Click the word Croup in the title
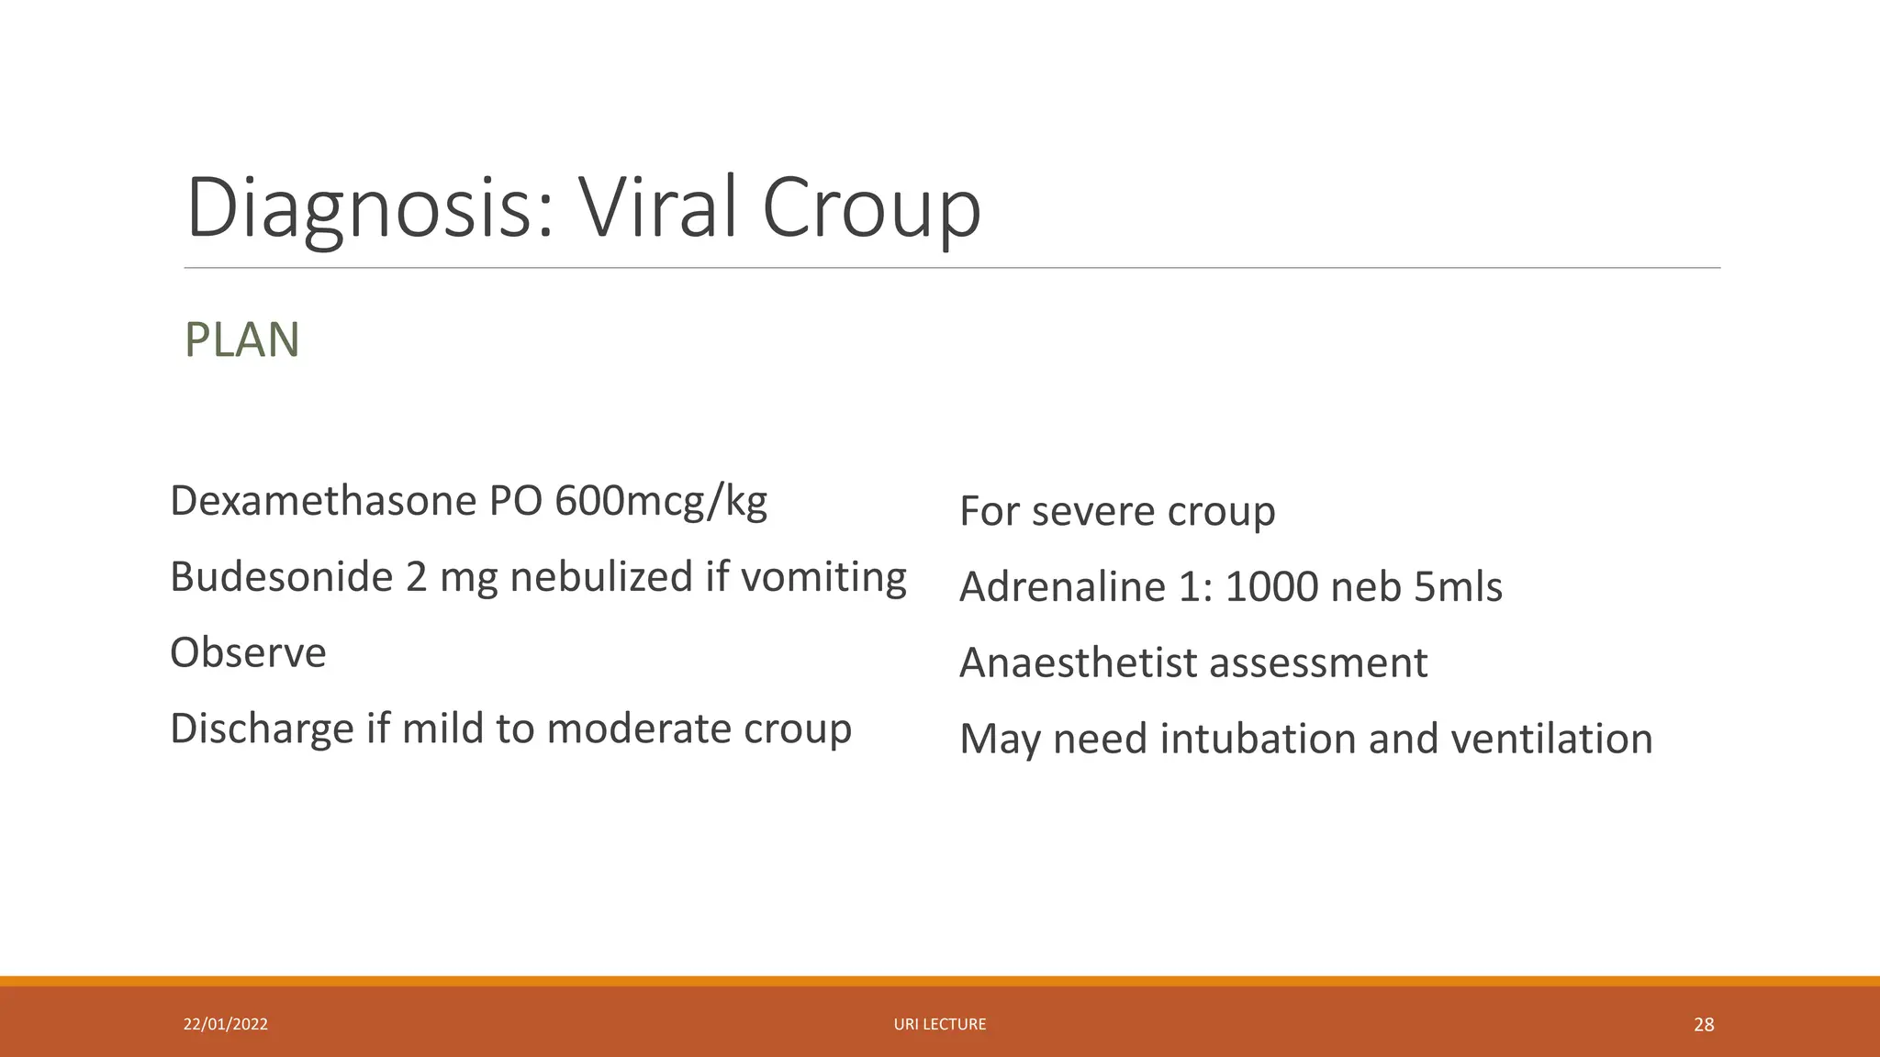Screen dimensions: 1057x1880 (870, 209)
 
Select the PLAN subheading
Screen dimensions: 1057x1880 (241, 340)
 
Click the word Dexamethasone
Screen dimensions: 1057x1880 (323, 501)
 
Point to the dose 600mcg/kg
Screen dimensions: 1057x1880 (661, 501)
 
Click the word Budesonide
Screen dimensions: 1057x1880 (281, 577)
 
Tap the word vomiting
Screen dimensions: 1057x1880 (822, 577)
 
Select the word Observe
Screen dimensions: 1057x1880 (248, 653)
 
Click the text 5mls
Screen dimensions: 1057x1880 (1458, 587)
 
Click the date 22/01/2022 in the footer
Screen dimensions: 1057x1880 (226, 1024)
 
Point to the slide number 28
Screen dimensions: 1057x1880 (1704, 1025)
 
